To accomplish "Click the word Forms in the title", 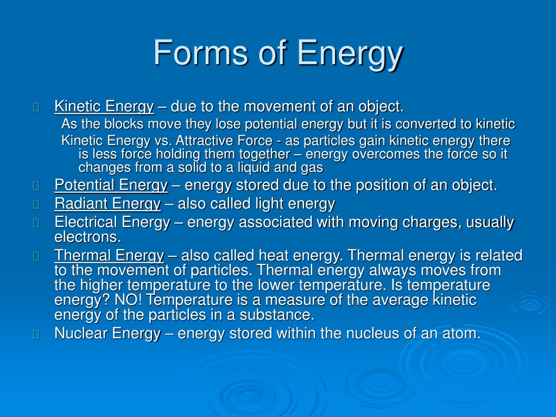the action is coord(200,53).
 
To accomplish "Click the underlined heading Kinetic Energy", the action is coord(104,106).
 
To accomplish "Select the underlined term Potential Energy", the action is coord(111,185).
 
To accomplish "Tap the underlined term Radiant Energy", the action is coord(108,204).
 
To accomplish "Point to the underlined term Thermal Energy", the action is coord(109,256).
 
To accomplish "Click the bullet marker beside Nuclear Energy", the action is coord(36,334).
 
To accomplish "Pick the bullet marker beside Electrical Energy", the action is coord(36,223).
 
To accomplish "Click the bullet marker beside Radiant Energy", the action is coord(36,205).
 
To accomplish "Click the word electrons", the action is coord(87,237).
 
